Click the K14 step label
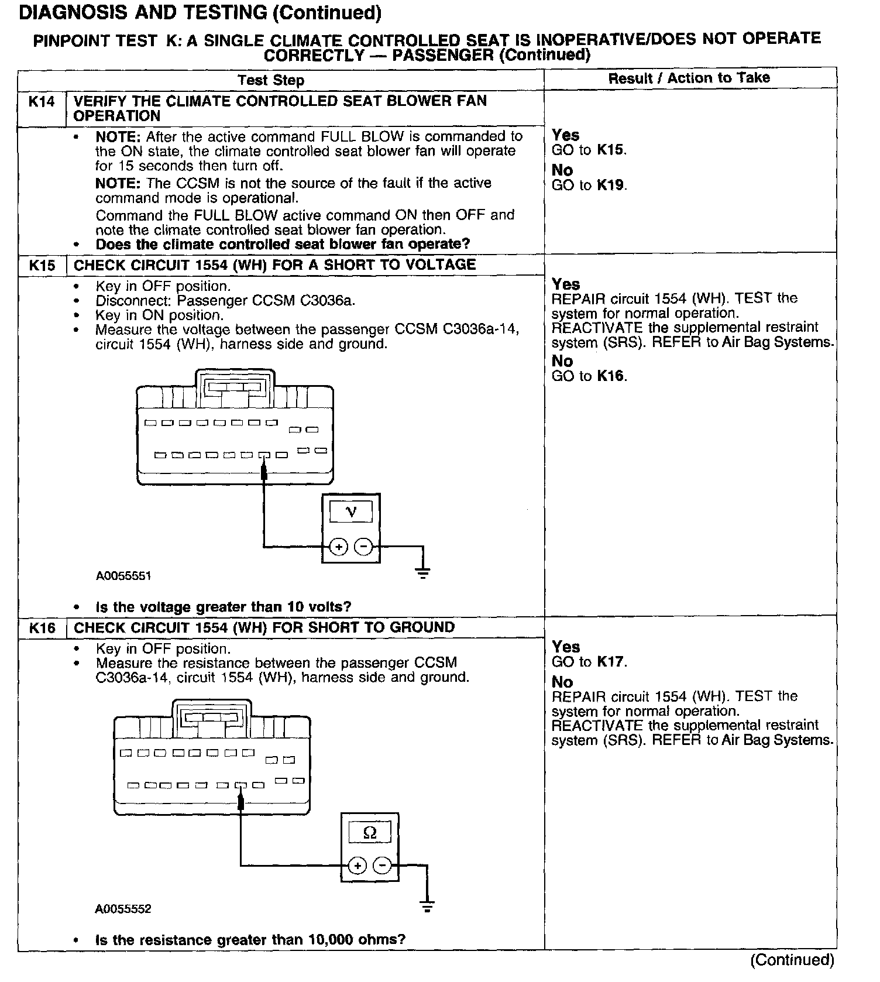pos(42,102)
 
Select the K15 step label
pos(42,266)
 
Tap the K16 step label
pos(42,629)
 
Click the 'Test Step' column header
pos(271,80)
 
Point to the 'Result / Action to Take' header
pos(689,78)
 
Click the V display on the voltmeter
pos(351,512)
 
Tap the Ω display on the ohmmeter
pos(370,832)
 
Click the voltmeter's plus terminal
pos(338,547)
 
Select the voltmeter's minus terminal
pos(364,547)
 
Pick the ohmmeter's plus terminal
pos(357,866)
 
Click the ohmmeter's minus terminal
pos(383,866)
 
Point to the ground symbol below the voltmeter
pos(423,572)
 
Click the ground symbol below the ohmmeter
pos(428,907)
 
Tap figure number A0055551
pos(123,576)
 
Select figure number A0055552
pos(123,909)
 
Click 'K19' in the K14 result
pos(611,186)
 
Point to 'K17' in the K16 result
pos(611,662)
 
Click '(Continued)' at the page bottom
pos(792,960)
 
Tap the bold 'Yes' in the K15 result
pos(566,284)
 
